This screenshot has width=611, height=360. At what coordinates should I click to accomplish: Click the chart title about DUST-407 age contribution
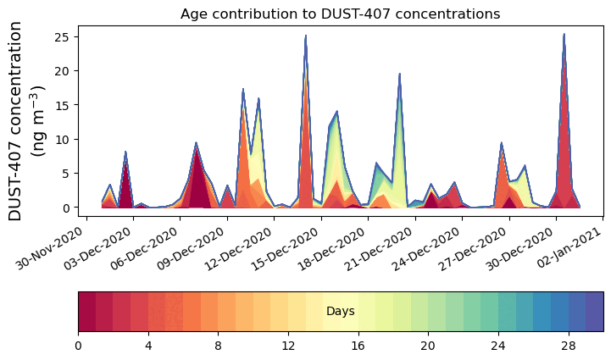pyautogui.click(x=340, y=14)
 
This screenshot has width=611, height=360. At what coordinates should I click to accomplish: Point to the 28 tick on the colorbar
pyautogui.click(x=568, y=346)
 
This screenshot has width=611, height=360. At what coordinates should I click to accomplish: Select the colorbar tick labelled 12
pyautogui.click(x=288, y=346)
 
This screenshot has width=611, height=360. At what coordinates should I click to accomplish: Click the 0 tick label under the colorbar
pyautogui.click(x=78, y=346)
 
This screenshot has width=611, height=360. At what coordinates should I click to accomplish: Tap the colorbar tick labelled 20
pyautogui.click(x=428, y=346)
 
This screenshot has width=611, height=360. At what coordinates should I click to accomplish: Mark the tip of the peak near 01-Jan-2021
pyautogui.click(x=564, y=35)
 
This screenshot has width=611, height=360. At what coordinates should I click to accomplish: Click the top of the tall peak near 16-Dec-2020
pyautogui.click(x=306, y=36)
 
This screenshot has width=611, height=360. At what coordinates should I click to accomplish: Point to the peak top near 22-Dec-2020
pyautogui.click(x=399, y=74)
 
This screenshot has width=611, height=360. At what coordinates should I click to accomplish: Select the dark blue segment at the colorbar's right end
pyautogui.click(x=594, y=311)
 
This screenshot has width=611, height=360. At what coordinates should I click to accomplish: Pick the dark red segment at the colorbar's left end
pyautogui.click(x=86, y=311)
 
